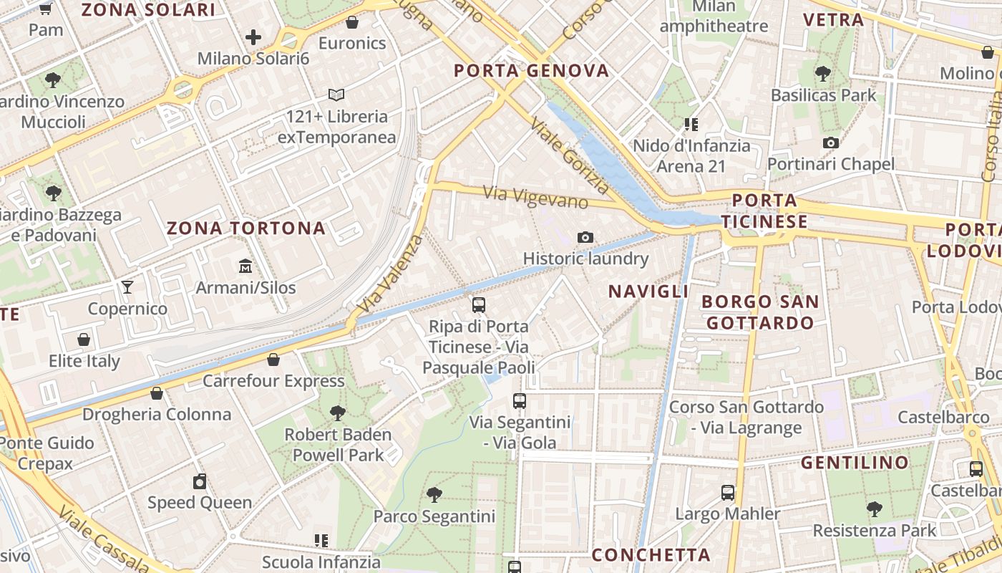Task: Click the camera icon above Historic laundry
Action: point(585,237)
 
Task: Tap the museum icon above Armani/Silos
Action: point(245,266)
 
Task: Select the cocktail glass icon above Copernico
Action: point(127,287)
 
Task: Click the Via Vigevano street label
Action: point(535,196)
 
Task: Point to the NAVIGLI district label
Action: point(648,291)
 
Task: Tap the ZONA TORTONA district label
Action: point(246,228)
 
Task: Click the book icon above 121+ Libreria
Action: point(336,95)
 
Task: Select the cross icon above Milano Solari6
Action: point(253,37)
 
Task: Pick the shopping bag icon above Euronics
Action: point(352,22)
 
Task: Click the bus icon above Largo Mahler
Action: point(728,492)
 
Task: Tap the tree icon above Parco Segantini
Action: point(434,494)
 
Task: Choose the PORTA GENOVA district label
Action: point(532,70)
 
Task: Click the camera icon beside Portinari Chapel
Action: point(831,143)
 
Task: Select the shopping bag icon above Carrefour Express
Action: point(273,360)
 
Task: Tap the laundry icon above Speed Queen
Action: point(200,481)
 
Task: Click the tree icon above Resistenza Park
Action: point(874,509)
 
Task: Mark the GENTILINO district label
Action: point(855,463)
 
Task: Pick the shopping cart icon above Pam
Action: point(46,9)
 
